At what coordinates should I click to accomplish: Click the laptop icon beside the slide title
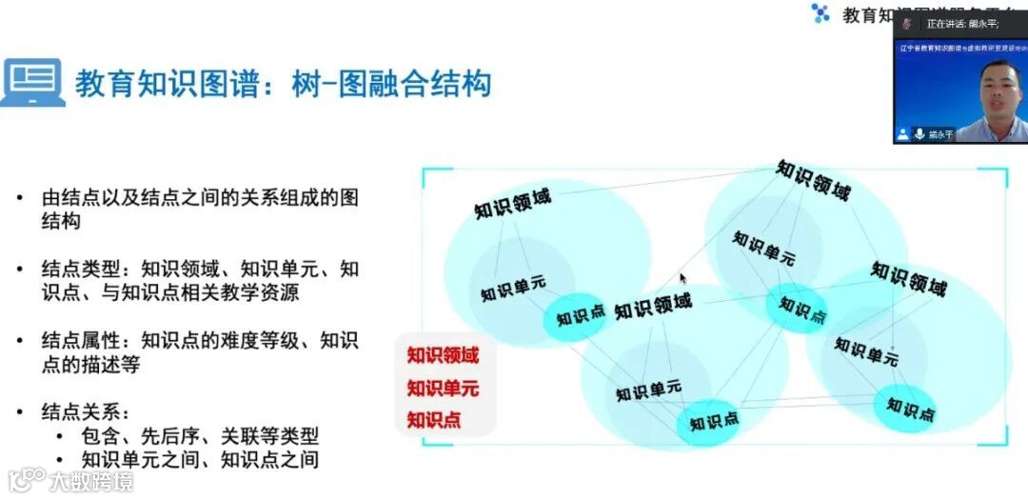click(32, 83)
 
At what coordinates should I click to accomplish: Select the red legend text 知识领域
click(443, 356)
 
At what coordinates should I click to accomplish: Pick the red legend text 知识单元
click(443, 389)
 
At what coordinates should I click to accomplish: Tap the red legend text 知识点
click(434, 419)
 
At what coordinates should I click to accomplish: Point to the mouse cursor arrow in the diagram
click(682, 278)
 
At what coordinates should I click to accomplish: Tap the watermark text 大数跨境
click(92, 480)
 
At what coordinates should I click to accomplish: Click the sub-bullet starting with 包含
click(200, 436)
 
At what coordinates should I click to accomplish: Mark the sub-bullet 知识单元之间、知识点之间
click(200, 459)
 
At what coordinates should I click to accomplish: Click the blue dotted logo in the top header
click(820, 12)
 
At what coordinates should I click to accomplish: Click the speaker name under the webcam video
click(941, 134)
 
